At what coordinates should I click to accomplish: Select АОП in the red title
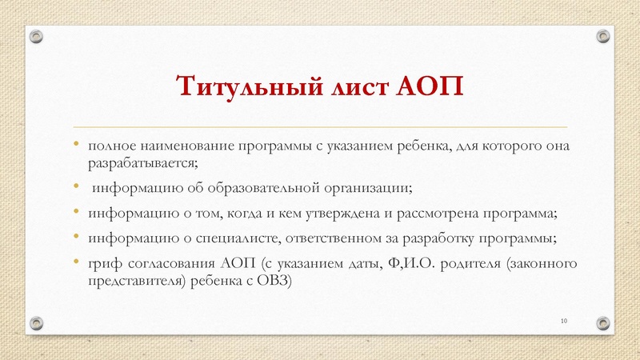point(430,86)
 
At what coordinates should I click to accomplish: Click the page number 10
point(564,321)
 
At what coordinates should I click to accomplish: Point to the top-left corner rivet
point(37,36)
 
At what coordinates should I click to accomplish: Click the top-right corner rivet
point(602,36)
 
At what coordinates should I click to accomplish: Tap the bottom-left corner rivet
point(37,322)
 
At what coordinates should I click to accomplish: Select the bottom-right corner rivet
point(602,322)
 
